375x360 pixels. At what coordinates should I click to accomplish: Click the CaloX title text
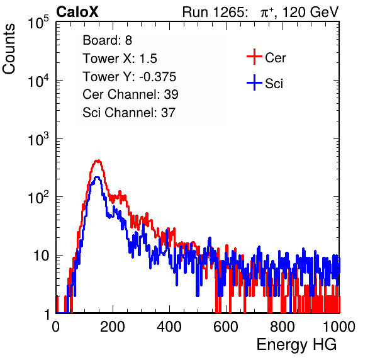77,12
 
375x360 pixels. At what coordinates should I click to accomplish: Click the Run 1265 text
215,12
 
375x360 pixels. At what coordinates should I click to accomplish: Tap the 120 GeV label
310,12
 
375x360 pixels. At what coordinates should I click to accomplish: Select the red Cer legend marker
254,57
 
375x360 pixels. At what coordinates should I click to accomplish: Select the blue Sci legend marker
254,82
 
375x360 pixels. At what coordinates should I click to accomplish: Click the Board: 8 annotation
108,40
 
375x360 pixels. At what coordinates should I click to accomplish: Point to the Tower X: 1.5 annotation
120,59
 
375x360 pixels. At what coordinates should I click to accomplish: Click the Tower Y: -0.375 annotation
130,77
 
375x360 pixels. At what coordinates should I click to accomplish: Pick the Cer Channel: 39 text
130,94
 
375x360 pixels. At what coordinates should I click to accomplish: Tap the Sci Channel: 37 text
129,113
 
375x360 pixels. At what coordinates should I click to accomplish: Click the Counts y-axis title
9,48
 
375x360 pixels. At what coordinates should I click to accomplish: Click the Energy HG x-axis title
296,344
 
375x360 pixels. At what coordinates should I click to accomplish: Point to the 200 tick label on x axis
113,327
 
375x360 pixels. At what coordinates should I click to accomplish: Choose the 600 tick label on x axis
226,327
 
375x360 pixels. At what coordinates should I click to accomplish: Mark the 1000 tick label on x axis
339,327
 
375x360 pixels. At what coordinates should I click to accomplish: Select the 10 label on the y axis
41,256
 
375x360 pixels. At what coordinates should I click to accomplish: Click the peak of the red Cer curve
98,160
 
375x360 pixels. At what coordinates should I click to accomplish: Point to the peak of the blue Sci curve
97,177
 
